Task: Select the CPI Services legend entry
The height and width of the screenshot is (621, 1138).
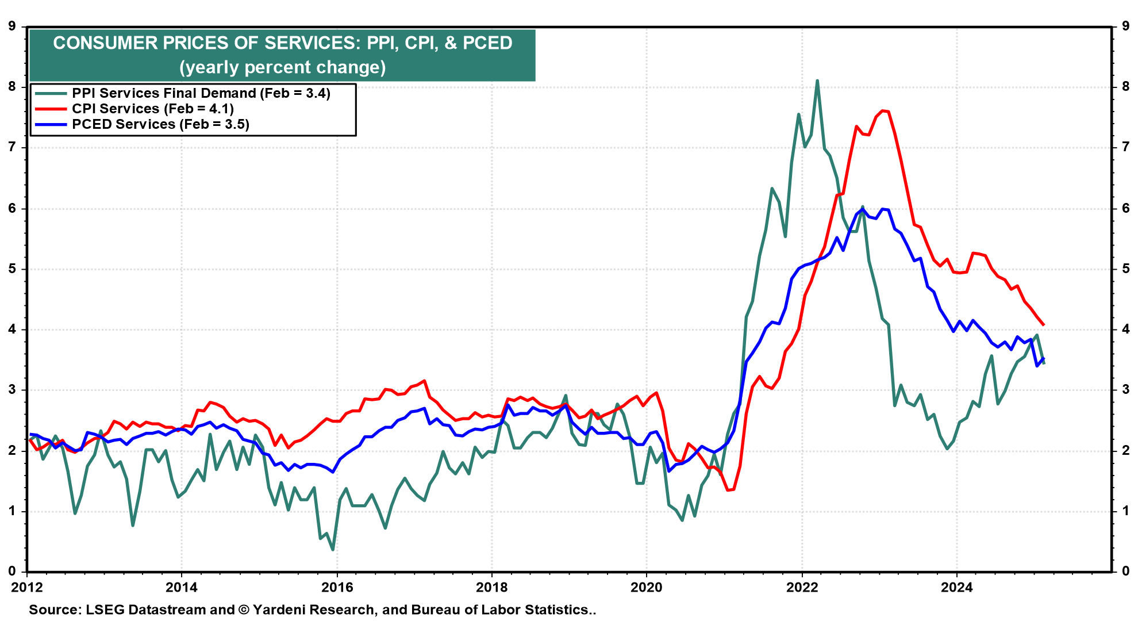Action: (152, 109)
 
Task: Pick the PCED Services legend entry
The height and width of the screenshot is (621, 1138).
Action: (160, 124)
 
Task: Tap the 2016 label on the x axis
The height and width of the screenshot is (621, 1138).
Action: (337, 587)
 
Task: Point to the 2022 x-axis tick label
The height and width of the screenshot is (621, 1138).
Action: (802, 587)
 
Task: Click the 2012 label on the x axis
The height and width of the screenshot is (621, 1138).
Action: (27, 587)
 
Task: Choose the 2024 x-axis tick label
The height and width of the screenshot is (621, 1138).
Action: (956, 587)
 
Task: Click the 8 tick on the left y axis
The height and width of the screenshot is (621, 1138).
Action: (11, 87)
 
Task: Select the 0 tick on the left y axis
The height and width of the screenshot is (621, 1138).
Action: (11, 572)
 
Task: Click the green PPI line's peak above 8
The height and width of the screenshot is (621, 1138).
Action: (817, 81)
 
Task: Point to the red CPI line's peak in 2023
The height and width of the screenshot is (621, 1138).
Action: (882, 110)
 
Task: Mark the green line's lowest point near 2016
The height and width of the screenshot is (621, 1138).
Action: (333, 550)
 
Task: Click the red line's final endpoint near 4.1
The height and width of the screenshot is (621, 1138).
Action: (1043, 325)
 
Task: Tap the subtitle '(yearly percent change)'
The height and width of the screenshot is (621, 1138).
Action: (282, 67)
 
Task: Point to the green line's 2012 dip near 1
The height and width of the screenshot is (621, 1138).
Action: (75, 513)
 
